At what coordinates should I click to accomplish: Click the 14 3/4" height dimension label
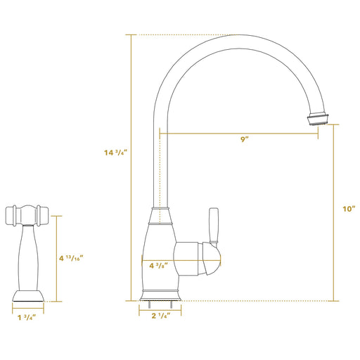click(x=115, y=153)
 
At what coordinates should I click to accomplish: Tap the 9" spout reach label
click(x=245, y=139)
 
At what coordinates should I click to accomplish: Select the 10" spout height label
click(x=349, y=209)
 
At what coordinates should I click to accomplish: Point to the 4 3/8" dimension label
click(x=159, y=266)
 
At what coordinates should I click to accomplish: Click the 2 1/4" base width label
click(x=161, y=316)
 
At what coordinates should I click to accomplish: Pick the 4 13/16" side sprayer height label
click(x=71, y=258)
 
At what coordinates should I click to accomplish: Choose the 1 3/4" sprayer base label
click(x=27, y=318)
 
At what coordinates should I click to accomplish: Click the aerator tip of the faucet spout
click(x=319, y=119)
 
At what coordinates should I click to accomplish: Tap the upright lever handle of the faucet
click(x=214, y=226)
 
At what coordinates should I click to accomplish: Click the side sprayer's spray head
click(x=27, y=216)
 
